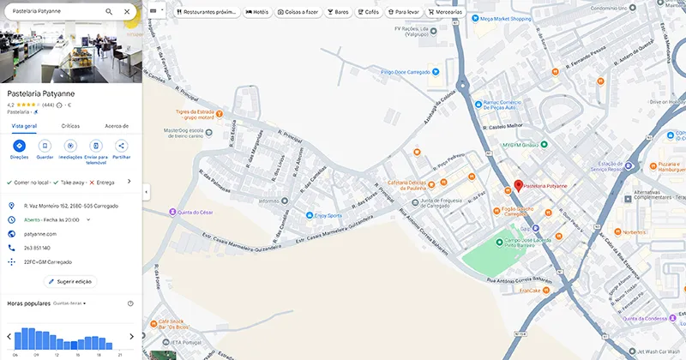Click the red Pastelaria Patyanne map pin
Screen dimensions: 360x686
[518, 184]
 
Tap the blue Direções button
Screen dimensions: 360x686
[19, 147]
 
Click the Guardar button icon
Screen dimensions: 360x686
[45, 147]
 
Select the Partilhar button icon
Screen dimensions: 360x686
[122, 147]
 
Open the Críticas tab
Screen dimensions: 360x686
[70, 126]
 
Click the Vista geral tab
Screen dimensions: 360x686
[24, 126]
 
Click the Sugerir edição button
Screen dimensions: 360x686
[70, 281]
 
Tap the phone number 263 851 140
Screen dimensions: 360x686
[37, 248]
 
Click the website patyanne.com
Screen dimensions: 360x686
[40, 233]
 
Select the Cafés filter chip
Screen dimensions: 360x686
[368, 13]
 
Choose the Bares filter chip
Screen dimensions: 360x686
[338, 13]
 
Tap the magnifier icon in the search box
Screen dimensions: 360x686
[109, 12]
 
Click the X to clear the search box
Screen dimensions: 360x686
[127, 12]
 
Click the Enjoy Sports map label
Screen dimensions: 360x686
[328, 216]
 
